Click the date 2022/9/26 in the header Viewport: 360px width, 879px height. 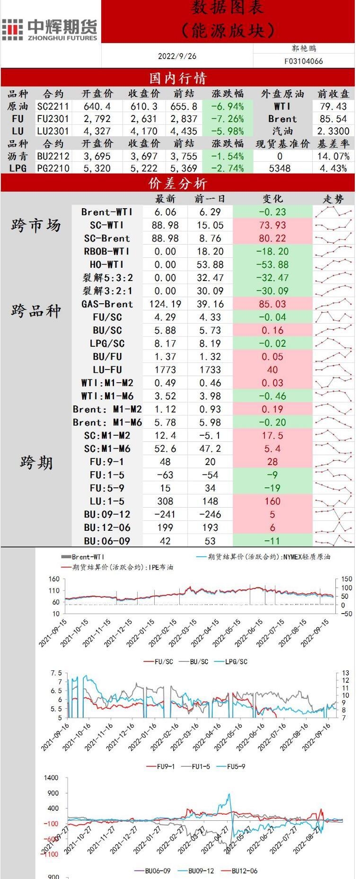click(x=177, y=56)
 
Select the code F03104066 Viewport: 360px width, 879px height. click(x=303, y=61)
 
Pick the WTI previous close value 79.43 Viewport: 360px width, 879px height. click(x=333, y=106)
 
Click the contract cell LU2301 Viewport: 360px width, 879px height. click(x=53, y=131)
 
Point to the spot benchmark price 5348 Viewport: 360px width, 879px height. click(x=280, y=168)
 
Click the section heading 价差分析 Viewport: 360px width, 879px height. click(x=177, y=184)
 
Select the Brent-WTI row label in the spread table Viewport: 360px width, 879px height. click(x=107, y=212)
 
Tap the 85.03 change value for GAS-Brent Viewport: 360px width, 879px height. click(x=272, y=304)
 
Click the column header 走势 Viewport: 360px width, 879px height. click(x=333, y=199)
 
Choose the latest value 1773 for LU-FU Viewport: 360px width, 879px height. click(x=165, y=370)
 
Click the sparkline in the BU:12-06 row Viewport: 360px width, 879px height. click(x=334, y=527)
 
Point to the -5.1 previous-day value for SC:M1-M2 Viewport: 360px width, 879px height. click(x=210, y=436)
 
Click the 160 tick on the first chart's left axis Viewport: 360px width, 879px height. click(x=54, y=579)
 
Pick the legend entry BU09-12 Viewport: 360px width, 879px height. click(x=201, y=870)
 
